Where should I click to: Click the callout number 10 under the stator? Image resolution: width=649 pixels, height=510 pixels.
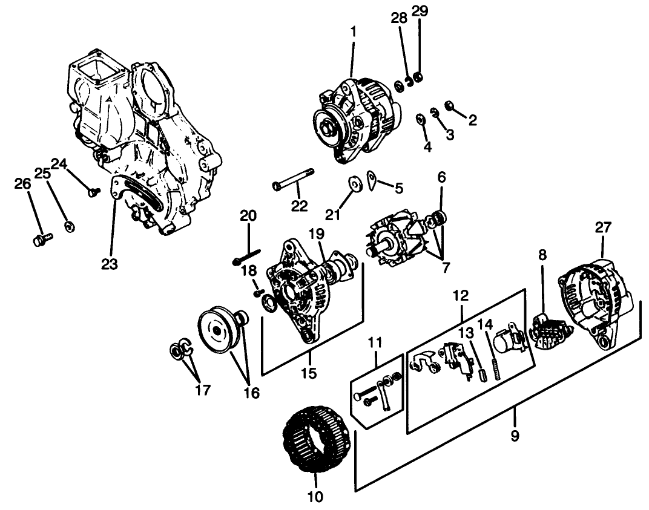point(315,497)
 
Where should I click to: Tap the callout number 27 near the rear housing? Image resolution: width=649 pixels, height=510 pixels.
point(603,227)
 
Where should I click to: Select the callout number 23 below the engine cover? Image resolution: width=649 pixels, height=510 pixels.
point(110,264)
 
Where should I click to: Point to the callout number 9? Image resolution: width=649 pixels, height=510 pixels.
point(515,436)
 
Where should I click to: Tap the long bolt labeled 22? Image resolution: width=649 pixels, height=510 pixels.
point(294,179)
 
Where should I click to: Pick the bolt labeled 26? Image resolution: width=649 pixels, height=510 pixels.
point(42,240)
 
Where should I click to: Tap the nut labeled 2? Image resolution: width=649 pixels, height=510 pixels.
point(450,106)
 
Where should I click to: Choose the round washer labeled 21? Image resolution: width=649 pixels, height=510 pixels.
point(354,183)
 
